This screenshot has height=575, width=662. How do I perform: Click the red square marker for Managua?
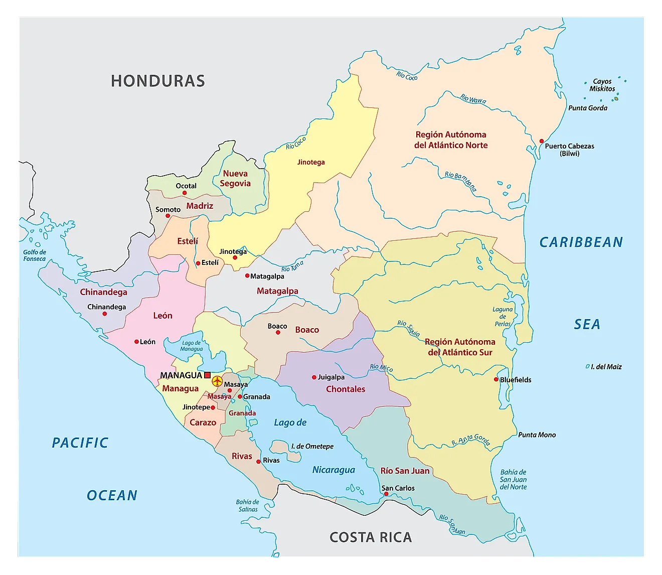(x=208, y=375)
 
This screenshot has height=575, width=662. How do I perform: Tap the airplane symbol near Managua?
(x=217, y=381)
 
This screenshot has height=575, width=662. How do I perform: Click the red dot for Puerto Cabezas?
(x=541, y=141)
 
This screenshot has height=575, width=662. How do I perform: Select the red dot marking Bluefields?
(x=496, y=380)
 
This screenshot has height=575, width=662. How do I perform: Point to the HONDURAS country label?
(x=158, y=81)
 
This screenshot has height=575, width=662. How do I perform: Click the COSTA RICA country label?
(x=371, y=537)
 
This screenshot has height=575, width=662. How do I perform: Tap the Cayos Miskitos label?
(x=602, y=85)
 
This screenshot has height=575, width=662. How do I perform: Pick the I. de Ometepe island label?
(x=312, y=446)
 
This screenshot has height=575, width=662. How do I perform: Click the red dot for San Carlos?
(x=386, y=494)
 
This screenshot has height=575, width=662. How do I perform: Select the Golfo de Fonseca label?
(x=35, y=255)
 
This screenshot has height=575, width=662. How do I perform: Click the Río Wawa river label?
(x=473, y=99)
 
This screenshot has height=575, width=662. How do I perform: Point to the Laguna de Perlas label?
(x=503, y=317)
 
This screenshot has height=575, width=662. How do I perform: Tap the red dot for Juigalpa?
(x=314, y=377)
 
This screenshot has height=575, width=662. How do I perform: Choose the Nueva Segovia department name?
(x=235, y=179)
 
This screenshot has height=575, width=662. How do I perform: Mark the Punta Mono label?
(x=537, y=435)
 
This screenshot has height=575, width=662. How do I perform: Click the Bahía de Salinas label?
(x=248, y=505)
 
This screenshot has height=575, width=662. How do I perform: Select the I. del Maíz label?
(x=606, y=367)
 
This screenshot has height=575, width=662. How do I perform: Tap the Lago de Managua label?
(x=192, y=346)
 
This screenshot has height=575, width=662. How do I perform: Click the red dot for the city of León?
(x=136, y=342)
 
